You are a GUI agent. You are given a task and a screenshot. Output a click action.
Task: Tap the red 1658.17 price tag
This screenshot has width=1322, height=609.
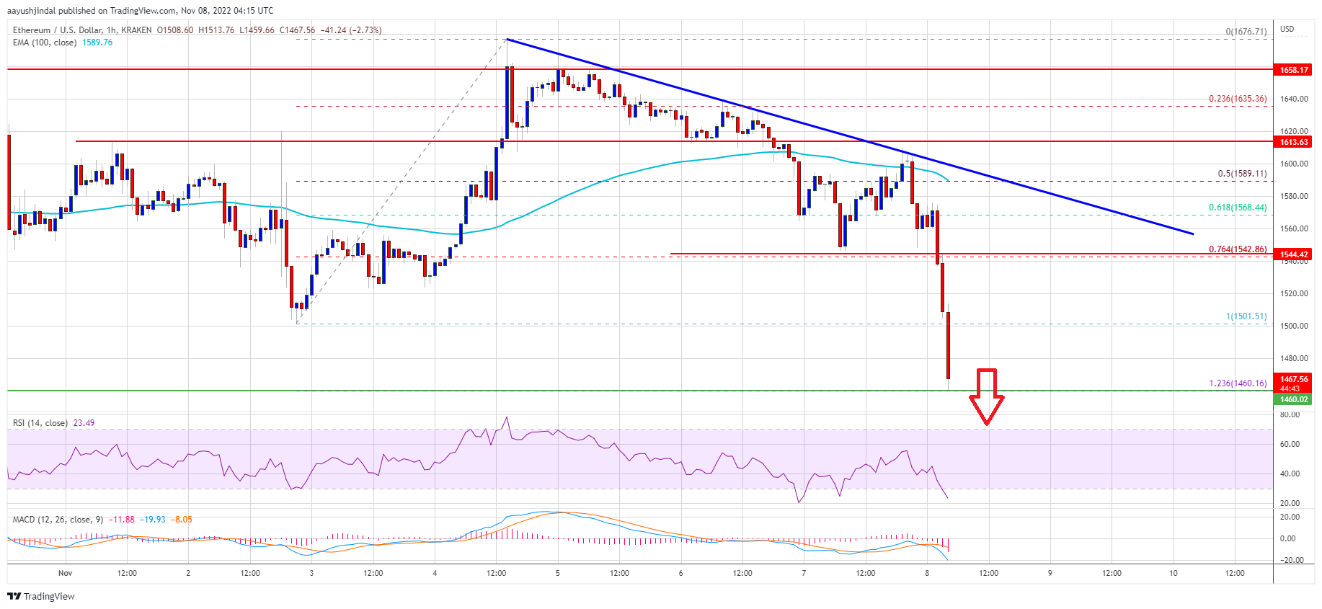coord(1293,70)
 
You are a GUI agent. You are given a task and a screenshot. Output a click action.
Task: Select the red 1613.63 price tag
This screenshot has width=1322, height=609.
coord(1293,142)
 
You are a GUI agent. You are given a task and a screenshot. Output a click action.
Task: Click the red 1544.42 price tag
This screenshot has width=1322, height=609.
coord(1293,254)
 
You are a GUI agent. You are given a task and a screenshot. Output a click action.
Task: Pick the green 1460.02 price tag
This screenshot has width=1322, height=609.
coord(1293,399)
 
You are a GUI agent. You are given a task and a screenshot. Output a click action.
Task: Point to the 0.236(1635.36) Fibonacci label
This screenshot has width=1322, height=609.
coord(1238,99)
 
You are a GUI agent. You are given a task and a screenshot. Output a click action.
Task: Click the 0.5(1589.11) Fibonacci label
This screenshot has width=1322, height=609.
coord(1242,174)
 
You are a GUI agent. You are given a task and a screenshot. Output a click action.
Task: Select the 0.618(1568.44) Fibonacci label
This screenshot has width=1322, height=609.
coord(1238,208)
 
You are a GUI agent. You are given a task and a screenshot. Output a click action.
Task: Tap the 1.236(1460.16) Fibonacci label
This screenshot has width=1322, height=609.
coord(1238,383)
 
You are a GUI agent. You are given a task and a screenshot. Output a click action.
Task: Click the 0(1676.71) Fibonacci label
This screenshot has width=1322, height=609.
coord(1246,32)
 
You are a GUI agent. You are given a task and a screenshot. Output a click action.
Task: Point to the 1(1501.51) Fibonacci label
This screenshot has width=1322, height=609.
coord(1246,316)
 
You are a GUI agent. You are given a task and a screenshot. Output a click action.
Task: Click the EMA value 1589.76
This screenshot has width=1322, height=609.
coord(97,43)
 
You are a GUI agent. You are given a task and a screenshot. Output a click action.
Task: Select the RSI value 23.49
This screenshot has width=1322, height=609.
coord(84,423)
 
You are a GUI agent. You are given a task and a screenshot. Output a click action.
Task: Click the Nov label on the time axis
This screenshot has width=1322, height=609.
coord(66,574)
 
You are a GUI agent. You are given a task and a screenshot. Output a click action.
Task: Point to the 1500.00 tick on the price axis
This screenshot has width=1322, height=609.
coord(1293,326)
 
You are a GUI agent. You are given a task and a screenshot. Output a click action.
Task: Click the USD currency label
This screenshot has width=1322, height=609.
coord(1287,30)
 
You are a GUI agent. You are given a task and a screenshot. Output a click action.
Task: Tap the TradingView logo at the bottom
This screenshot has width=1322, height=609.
coord(41,596)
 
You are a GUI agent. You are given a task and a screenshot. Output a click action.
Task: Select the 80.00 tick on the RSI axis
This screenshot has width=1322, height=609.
coord(1290,415)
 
